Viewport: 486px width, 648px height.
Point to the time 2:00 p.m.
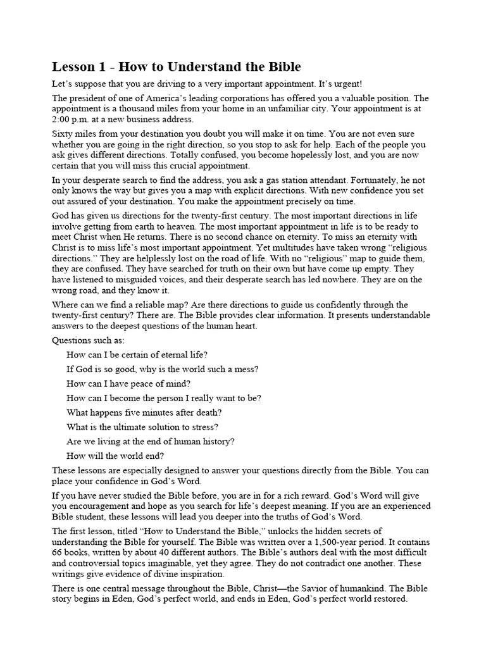[x=71, y=120]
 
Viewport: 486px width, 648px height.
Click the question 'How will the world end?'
[x=115, y=456]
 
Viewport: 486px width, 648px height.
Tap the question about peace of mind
[x=128, y=383]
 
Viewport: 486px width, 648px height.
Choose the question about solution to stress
[x=142, y=427]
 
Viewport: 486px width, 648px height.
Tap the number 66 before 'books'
[x=58, y=553]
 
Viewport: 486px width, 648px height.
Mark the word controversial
[x=101, y=564]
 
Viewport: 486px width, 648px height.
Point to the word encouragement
[x=96, y=506]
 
